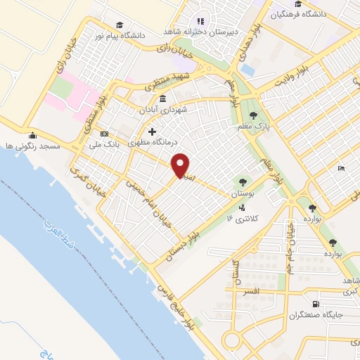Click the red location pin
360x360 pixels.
(x=181, y=165)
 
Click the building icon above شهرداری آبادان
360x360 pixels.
(x=163, y=98)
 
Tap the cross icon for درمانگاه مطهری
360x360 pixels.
(x=152, y=131)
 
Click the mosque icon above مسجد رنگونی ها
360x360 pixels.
(x=31, y=136)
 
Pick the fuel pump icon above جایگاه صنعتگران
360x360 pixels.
(x=314, y=304)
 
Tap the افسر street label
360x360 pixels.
(x=251, y=290)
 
